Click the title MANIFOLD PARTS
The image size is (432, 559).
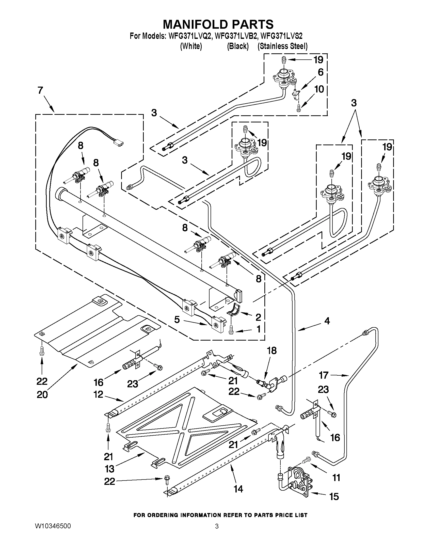[x=218, y=24]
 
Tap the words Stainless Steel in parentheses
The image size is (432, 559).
[x=283, y=46]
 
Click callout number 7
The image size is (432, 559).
[x=40, y=91]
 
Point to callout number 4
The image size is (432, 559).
[x=327, y=321]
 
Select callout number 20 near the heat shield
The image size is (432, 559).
[x=42, y=395]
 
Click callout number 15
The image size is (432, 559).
[x=334, y=503]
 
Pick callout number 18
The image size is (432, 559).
[x=272, y=351]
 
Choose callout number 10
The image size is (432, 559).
[x=319, y=89]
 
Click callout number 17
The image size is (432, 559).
[x=324, y=375]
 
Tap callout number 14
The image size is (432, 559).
[x=238, y=489]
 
